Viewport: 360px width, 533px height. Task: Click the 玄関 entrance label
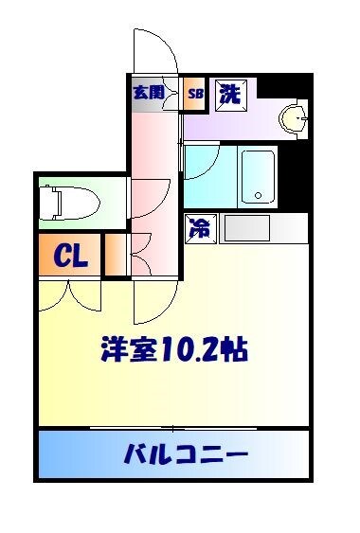tap(148, 93)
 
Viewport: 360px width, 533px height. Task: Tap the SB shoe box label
tap(196, 93)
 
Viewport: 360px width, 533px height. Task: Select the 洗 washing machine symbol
tap(230, 93)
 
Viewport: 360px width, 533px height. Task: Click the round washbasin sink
tap(294, 117)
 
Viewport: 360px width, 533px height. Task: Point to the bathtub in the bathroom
tap(255, 177)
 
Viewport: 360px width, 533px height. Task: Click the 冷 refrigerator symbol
tap(200, 227)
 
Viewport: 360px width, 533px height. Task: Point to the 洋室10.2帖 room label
tap(175, 351)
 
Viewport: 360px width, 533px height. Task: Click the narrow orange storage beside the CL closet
tap(113, 256)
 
